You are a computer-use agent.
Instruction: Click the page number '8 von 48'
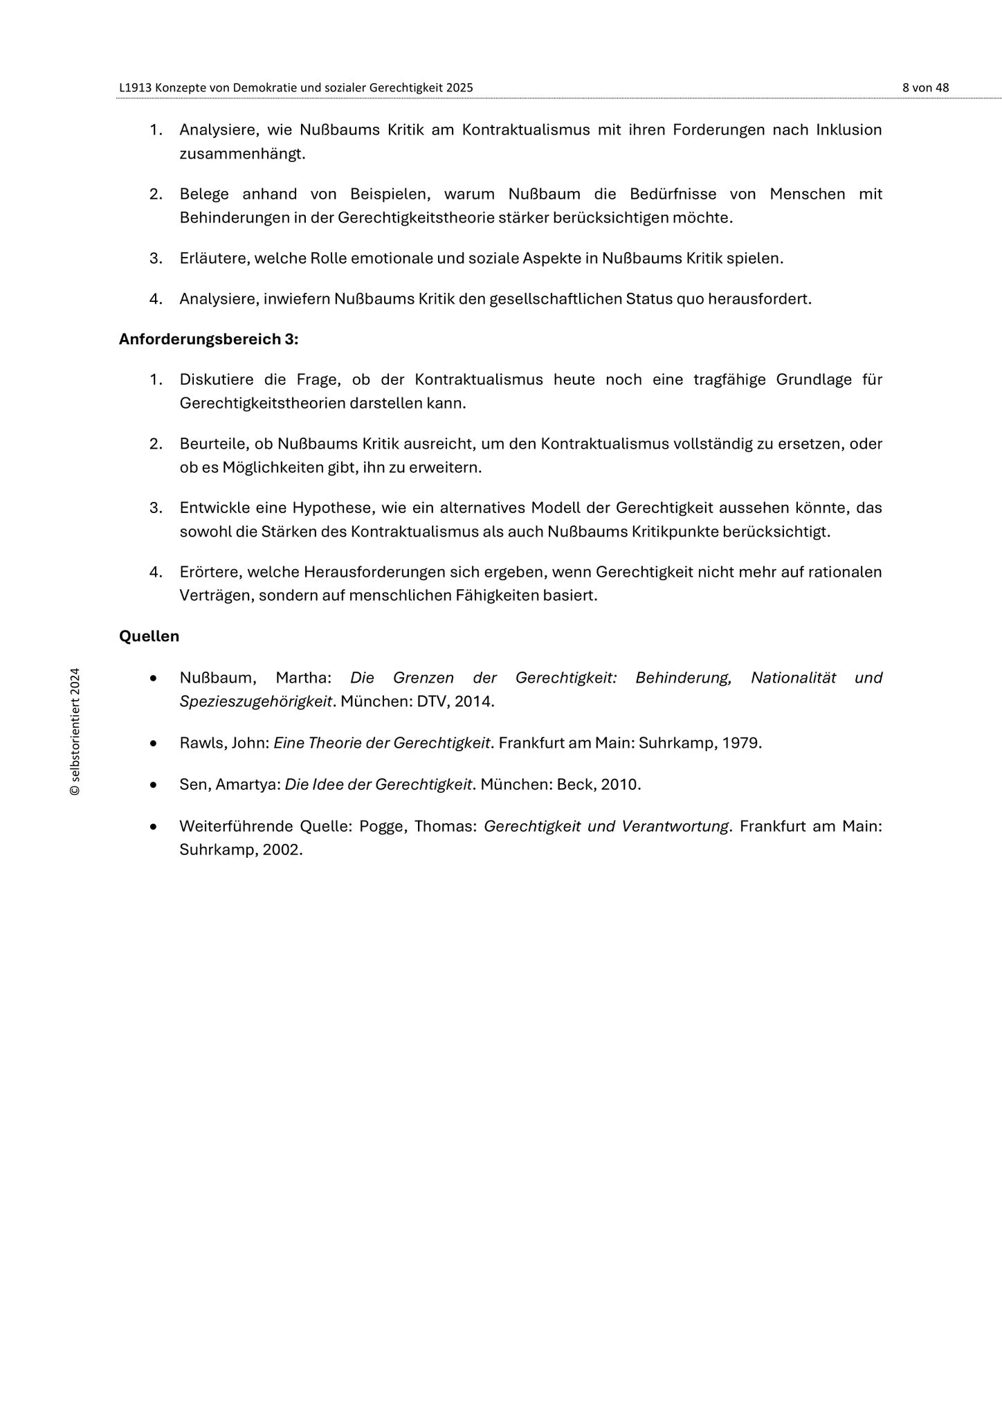[x=925, y=88]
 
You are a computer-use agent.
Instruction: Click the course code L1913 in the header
[x=136, y=88]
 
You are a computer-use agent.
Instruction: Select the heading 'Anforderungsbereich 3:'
[x=208, y=339]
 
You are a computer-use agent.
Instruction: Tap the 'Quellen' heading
[x=149, y=636]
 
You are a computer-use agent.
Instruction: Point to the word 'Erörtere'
[x=209, y=572]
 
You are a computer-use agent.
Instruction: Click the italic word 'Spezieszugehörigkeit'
[x=255, y=701]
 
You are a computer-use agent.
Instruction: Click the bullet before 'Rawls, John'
[x=153, y=744]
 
